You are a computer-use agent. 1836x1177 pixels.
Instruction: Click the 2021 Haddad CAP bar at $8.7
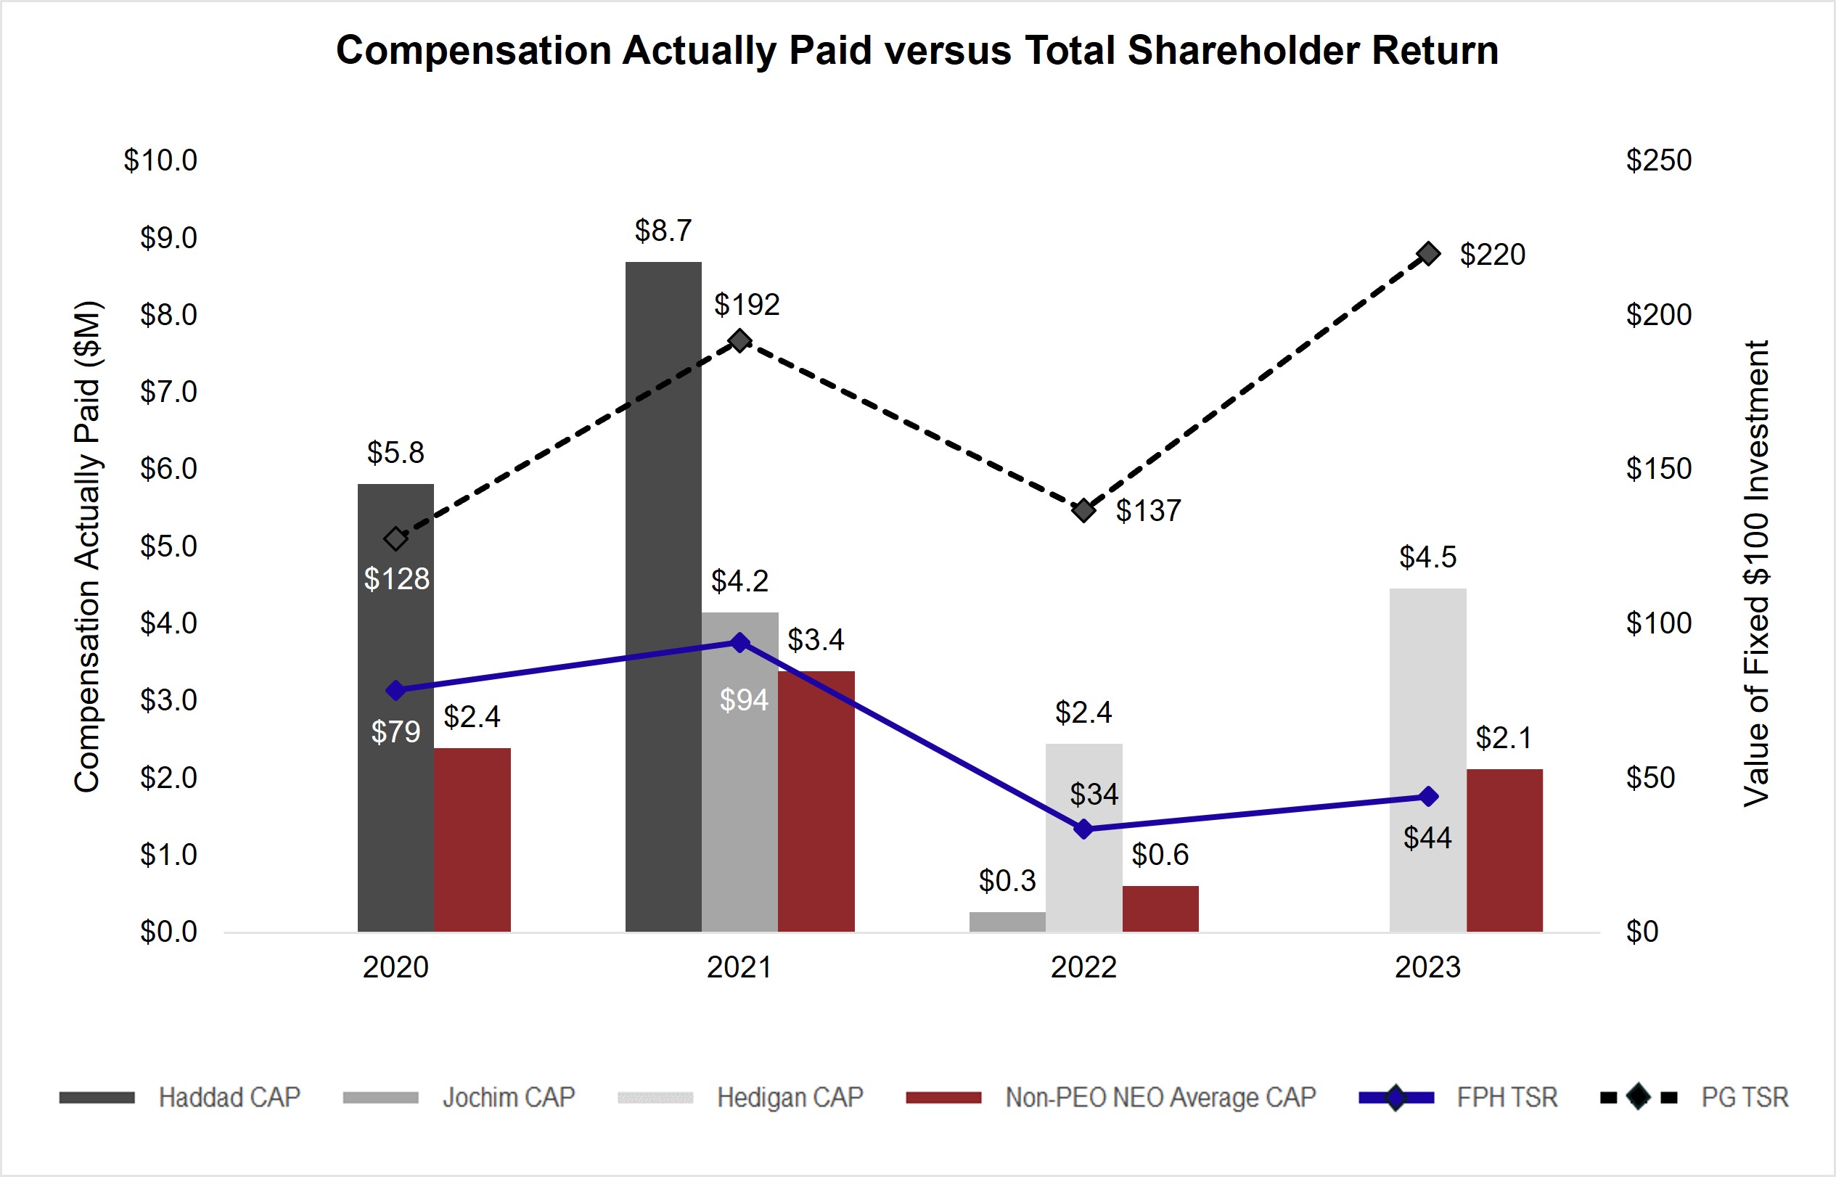(x=663, y=596)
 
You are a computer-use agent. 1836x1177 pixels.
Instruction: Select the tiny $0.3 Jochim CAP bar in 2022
(x=1007, y=922)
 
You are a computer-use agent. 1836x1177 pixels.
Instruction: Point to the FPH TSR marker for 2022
(x=1083, y=829)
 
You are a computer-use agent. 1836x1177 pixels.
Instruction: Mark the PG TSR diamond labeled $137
(x=1083, y=510)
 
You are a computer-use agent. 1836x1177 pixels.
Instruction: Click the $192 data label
(x=747, y=305)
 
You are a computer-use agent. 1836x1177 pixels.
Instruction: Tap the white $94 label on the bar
(x=744, y=700)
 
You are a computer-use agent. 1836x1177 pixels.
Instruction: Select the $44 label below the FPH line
(x=1427, y=838)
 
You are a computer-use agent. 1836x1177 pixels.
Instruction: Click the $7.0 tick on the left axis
(x=168, y=392)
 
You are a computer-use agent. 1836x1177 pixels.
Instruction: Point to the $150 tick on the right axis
(x=1659, y=469)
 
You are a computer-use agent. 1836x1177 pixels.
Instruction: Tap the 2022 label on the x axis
(x=1083, y=967)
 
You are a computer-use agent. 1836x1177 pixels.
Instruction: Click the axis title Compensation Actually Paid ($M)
(x=87, y=546)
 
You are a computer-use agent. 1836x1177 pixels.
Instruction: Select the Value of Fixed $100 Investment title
(x=1755, y=573)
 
